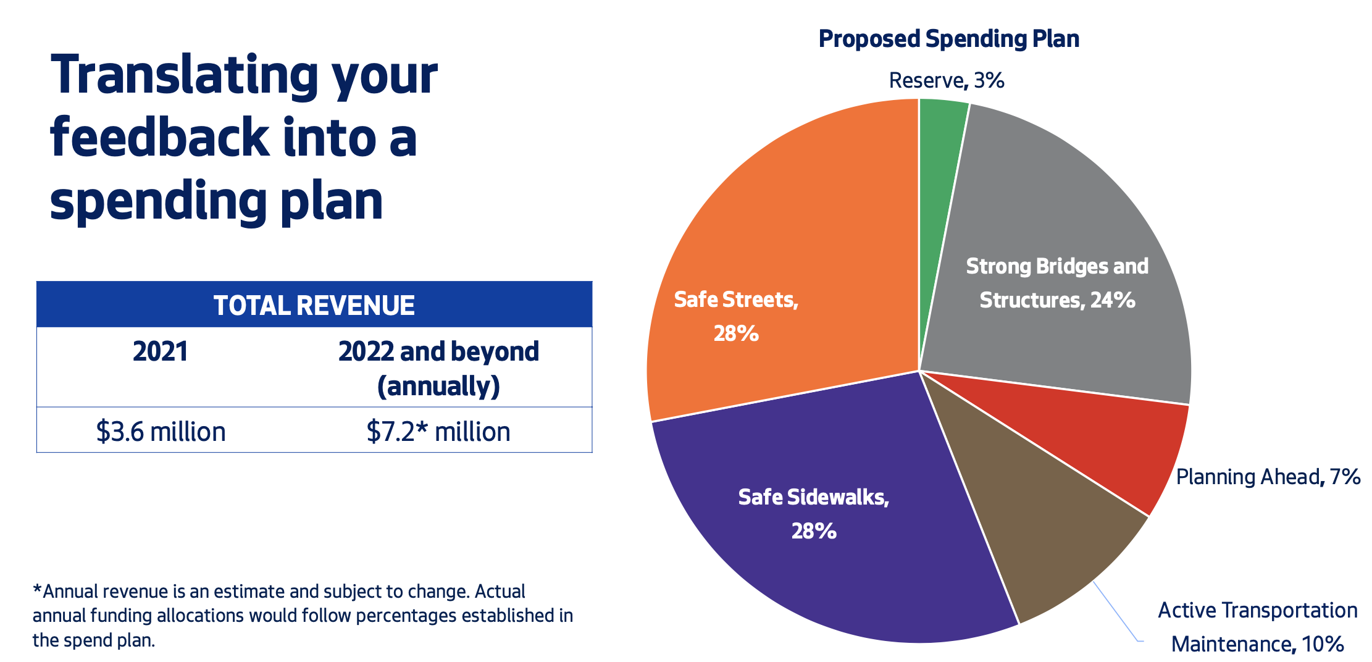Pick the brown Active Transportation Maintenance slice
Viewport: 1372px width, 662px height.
[x=1044, y=525]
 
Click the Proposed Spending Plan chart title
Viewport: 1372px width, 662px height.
[x=948, y=39]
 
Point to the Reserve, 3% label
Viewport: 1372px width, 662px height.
[x=946, y=80]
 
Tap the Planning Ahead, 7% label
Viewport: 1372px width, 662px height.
[x=1268, y=477]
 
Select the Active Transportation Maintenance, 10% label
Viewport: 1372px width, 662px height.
[x=1257, y=627]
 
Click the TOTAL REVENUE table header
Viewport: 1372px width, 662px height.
[x=314, y=305]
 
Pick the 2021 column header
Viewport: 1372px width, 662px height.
[x=160, y=351]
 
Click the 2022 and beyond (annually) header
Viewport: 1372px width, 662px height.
[x=438, y=368]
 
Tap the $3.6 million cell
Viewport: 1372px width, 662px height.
[x=161, y=431]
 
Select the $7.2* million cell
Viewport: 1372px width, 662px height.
[x=438, y=431]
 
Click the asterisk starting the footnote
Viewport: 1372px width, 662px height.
[x=37, y=590]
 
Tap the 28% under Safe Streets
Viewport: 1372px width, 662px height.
[x=736, y=333]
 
